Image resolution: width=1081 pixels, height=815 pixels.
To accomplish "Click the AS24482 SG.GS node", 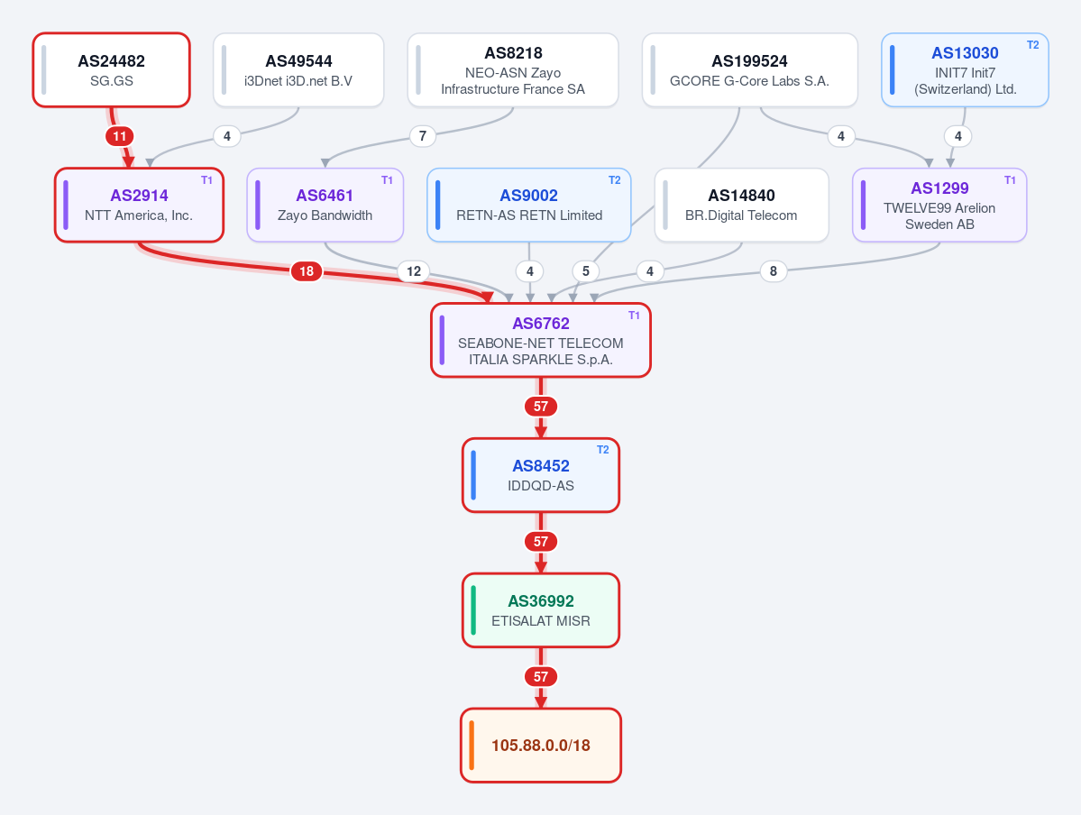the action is coord(111,69).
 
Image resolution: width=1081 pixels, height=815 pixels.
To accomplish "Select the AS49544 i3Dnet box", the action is coord(298,69).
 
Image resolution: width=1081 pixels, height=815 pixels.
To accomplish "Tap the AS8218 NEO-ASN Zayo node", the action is coord(513,69).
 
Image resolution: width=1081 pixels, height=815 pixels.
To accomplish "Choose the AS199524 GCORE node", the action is coord(749,69).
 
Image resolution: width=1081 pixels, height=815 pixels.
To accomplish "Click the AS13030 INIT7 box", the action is coord(965,69).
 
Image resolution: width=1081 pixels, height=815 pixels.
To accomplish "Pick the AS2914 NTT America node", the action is coord(139,205).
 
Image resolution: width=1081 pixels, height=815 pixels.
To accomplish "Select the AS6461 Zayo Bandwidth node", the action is coord(325,205).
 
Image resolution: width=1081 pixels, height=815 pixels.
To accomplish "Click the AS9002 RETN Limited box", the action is coord(529,205).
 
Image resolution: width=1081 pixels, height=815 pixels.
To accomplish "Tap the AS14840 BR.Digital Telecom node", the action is coord(741,205).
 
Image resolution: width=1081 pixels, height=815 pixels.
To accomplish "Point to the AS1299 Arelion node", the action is coord(939,205).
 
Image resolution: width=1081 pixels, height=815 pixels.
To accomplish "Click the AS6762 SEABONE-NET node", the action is coord(541,340).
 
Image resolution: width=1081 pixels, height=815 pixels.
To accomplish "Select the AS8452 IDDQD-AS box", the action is coord(541,475).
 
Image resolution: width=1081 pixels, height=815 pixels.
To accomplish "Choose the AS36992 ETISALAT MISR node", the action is coord(541,610).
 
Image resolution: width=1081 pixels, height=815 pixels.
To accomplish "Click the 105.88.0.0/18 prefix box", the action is coord(541,746).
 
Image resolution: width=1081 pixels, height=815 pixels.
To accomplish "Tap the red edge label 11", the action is coord(119,136).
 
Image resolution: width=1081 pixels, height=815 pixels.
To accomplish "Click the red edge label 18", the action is coord(307,271).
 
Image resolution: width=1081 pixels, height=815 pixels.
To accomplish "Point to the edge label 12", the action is coord(414,271).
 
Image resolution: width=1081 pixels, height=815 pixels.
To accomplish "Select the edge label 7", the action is coord(423,136).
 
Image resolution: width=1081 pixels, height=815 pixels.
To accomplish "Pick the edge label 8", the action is coord(774,271).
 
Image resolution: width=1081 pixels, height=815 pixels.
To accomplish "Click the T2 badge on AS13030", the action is coord(1032,45).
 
